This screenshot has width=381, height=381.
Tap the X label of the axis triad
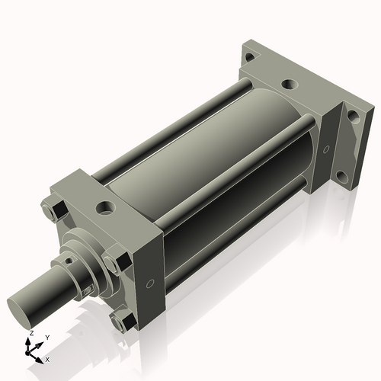point(47,358)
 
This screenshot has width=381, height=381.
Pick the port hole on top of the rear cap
point(289,85)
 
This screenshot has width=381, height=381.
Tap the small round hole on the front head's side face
point(150,284)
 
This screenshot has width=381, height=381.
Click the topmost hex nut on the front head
point(53,208)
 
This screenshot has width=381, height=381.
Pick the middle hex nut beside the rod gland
point(112,264)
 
